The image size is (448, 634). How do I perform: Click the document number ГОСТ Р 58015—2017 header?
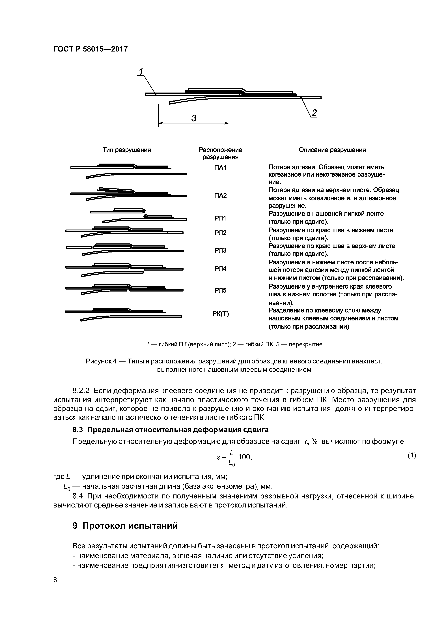pyautogui.click(x=91, y=49)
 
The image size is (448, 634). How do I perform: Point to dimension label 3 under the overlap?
pyautogui.click(x=194, y=118)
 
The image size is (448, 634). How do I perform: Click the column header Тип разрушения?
pyautogui.click(x=127, y=150)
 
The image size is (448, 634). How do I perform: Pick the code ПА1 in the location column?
pyautogui.click(x=220, y=168)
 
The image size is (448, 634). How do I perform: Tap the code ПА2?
pyautogui.click(x=220, y=196)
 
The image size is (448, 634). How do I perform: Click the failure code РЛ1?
pyautogui.click(x=220, y=219)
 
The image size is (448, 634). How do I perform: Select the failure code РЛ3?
pyautogui.click(x=220, y=250)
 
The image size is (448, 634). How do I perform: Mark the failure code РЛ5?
pyautogui.click(x=220, y=290)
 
